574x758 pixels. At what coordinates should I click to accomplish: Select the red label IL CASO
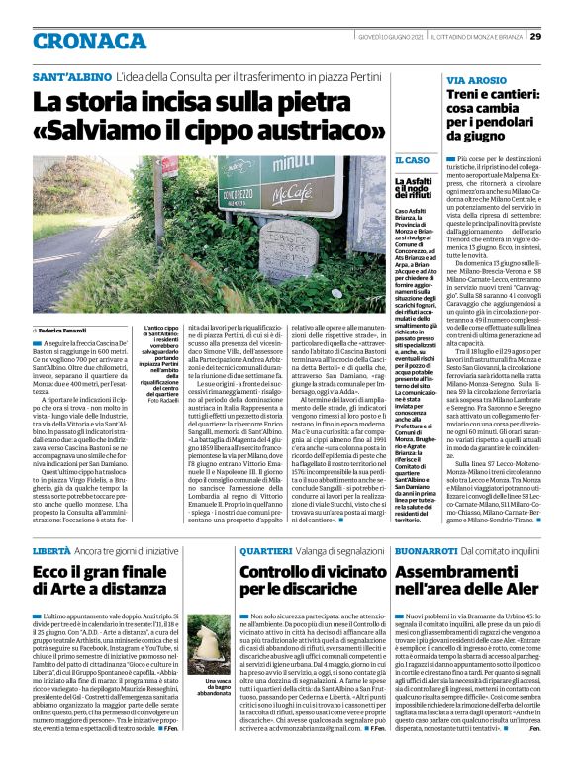coord(412,159)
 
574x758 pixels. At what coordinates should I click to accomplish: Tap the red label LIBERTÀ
coord(52,549)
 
